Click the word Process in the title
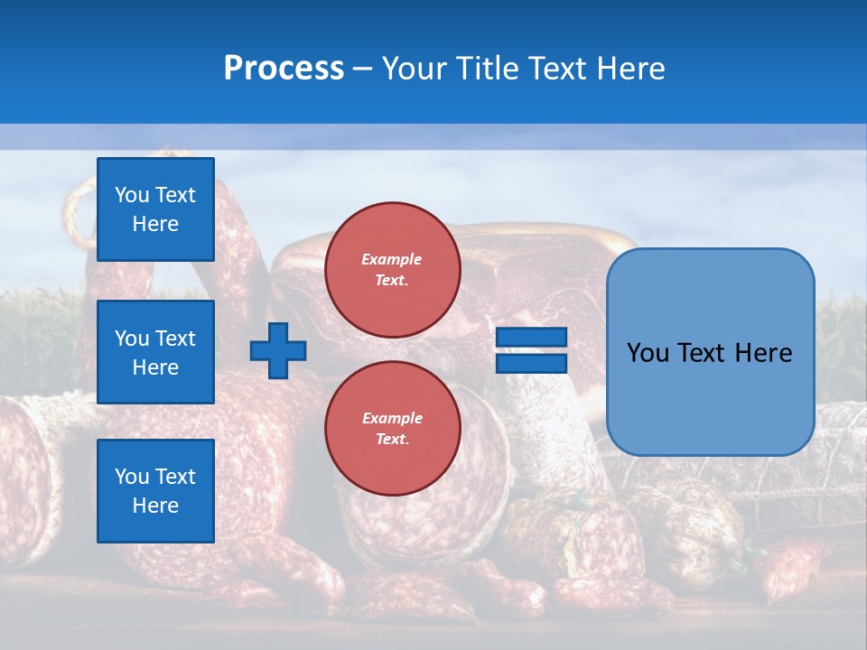284,68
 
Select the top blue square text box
155,209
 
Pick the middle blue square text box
155,352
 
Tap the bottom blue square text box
155,491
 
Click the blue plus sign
278,352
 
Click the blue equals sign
532,350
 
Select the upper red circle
392,269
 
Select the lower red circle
392,428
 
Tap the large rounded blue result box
710,352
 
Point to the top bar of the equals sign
532,338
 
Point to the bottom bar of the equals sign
532,363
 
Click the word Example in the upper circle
391,259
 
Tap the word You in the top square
132,195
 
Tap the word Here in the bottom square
155,506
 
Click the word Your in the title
415,69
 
